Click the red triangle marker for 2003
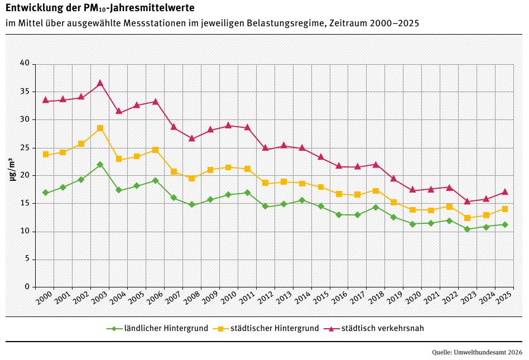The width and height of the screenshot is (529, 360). click(x=100, y=83)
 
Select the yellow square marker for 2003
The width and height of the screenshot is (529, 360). click(x=100, y=128)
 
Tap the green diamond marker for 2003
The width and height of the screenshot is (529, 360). click(x=100, y=165)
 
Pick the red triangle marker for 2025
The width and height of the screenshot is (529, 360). click(x=504, y=191)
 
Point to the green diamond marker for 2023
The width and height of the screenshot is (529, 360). click(x=468, y=229)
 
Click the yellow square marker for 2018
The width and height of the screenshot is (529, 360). click(x=376, y=191)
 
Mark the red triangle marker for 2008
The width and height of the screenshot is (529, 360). click(x=192, y=138)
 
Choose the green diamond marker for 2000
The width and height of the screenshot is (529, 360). click(x=46, y=193)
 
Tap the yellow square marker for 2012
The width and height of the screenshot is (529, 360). click(x=266, y=183)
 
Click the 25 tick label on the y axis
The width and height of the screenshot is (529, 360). click(x=25, y=147)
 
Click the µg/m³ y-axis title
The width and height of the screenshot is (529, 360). click(x=12, y=169)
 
